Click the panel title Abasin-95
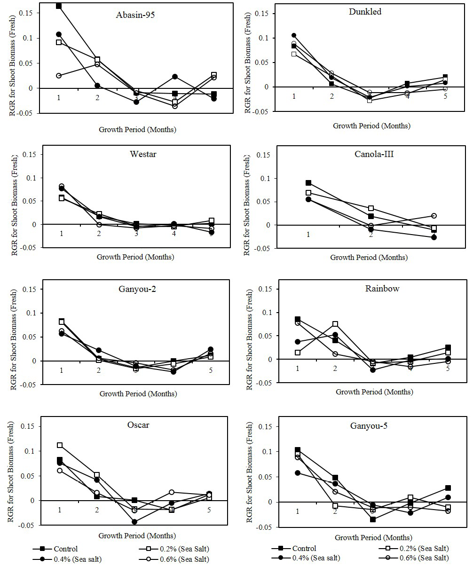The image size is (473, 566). [x=135, y=15]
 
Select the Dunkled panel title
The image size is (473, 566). [x=365, y=12]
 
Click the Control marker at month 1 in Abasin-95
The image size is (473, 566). [x=59, y=6]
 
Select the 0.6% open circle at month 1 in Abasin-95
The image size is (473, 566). [x=59, y=76]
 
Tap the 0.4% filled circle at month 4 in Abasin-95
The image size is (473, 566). [x=175, y=77]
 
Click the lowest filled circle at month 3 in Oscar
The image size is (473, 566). [x=135, y=521]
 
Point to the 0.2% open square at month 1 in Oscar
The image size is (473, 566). [x=60, y=445]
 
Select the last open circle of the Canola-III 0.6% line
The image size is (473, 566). [x=434, y=216]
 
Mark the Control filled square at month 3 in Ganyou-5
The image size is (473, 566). [x=373, y=519]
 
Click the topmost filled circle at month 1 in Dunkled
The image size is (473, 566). [x=294, y=35]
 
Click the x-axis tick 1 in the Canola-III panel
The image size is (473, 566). [x=308, y=234]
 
